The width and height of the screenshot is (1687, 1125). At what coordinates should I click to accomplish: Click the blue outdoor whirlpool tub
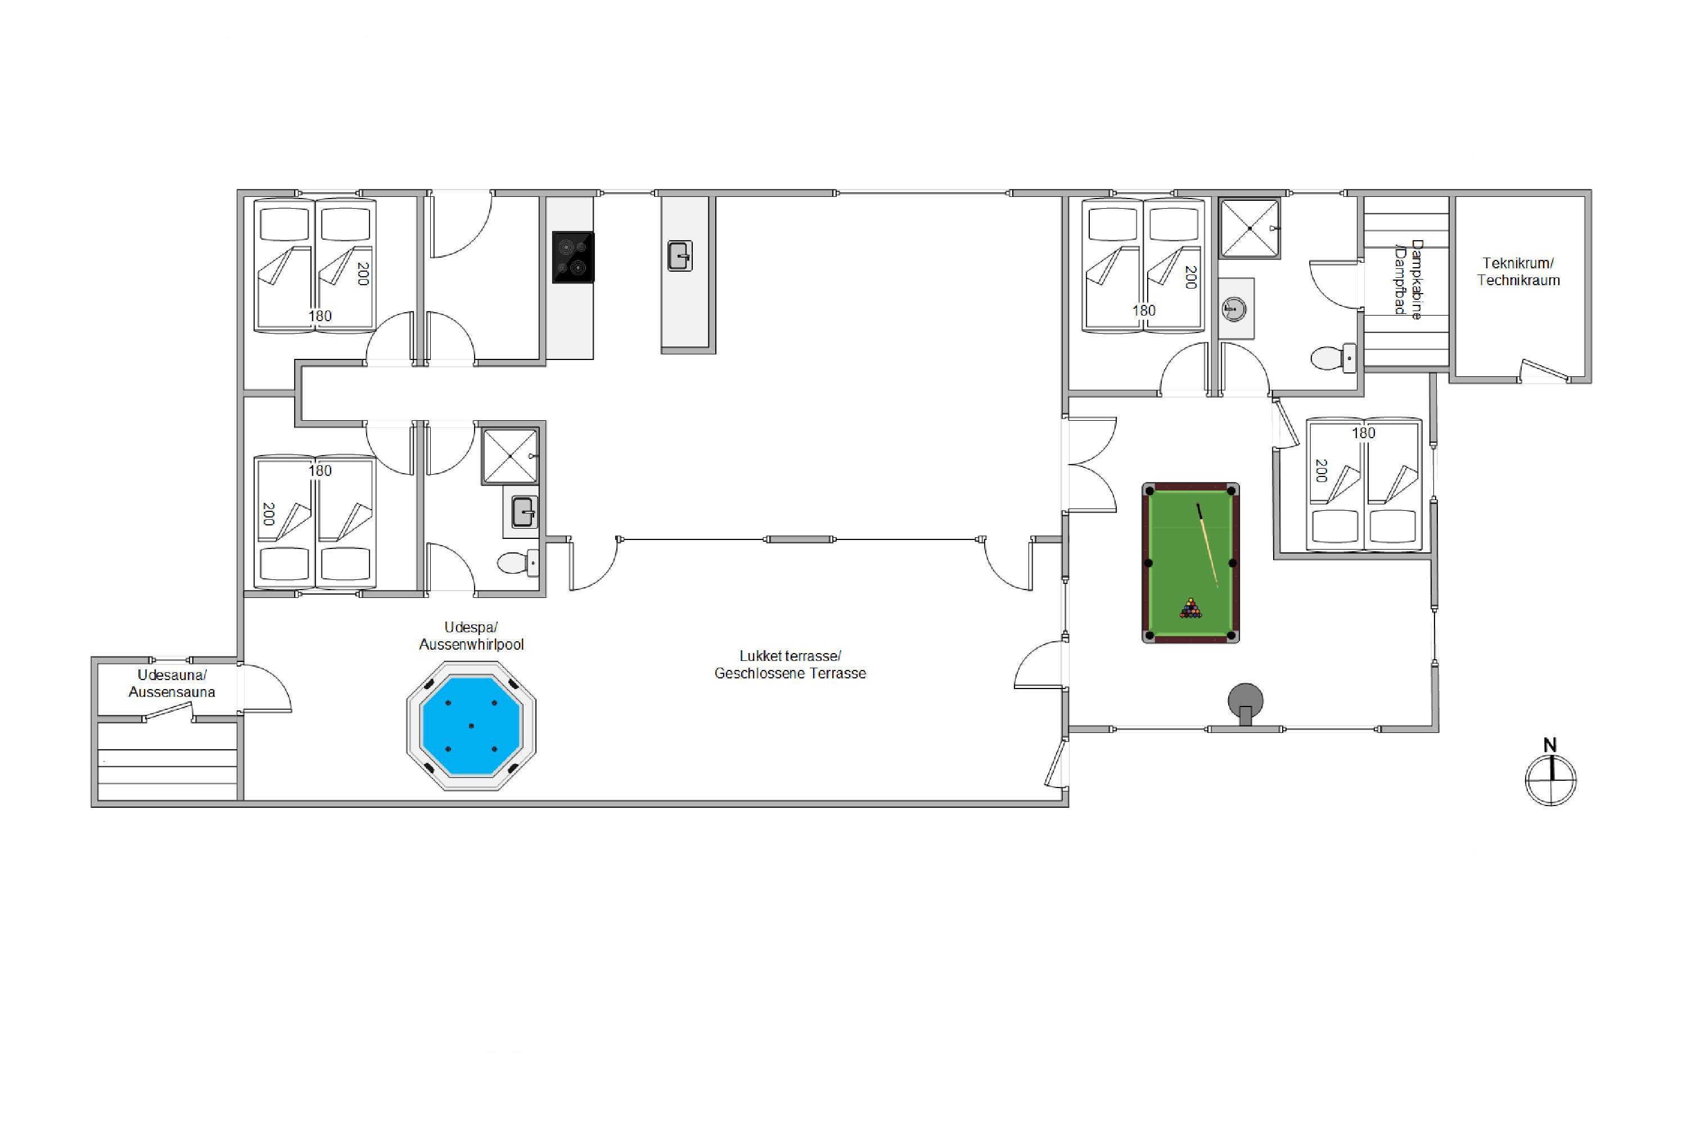point(471,726)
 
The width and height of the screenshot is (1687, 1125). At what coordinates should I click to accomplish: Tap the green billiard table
point(1190,562)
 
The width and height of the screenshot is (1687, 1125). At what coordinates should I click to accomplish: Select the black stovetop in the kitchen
point(573,257)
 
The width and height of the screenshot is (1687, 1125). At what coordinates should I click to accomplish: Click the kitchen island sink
point(680,255)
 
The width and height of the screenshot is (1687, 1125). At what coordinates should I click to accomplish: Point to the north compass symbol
point(1551,779)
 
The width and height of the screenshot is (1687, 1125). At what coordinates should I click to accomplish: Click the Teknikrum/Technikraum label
point(1518,272)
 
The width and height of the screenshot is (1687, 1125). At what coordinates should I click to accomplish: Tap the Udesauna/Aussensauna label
point(172,683)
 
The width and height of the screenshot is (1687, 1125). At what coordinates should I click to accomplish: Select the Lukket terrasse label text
point(791,656)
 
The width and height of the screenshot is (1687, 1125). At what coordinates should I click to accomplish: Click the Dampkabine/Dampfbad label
point(1408,279)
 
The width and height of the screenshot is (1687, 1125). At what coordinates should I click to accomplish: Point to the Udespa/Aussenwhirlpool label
point(471,636)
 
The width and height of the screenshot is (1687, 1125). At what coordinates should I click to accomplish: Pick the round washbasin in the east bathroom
point(1234,309)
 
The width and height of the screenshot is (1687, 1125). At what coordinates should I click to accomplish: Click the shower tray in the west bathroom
point(510,456)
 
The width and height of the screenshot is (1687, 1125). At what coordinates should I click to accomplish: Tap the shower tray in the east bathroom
point(1250,227)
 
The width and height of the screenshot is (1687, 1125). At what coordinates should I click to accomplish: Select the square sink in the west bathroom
point(523,512)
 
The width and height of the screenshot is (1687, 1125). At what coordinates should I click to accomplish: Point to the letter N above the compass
point(1550,745)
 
